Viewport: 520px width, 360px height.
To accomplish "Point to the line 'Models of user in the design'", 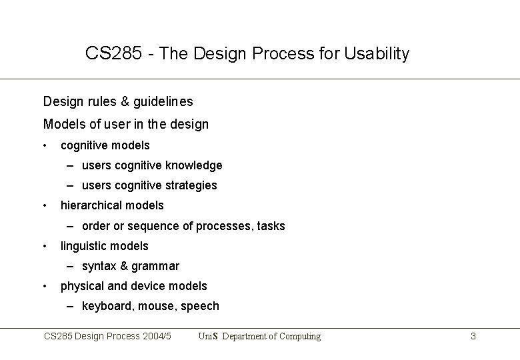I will [125, 124].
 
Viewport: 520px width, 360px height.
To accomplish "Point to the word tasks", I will [270, 226].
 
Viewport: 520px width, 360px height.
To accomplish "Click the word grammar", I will [155, 267].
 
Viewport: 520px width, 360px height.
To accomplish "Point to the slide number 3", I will [473, 337].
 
